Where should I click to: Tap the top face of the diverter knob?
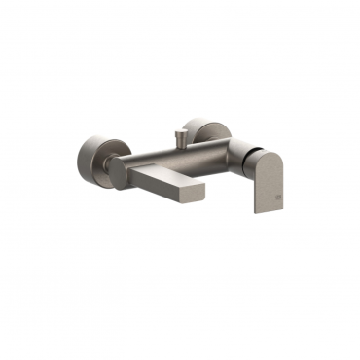pos(183,127)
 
